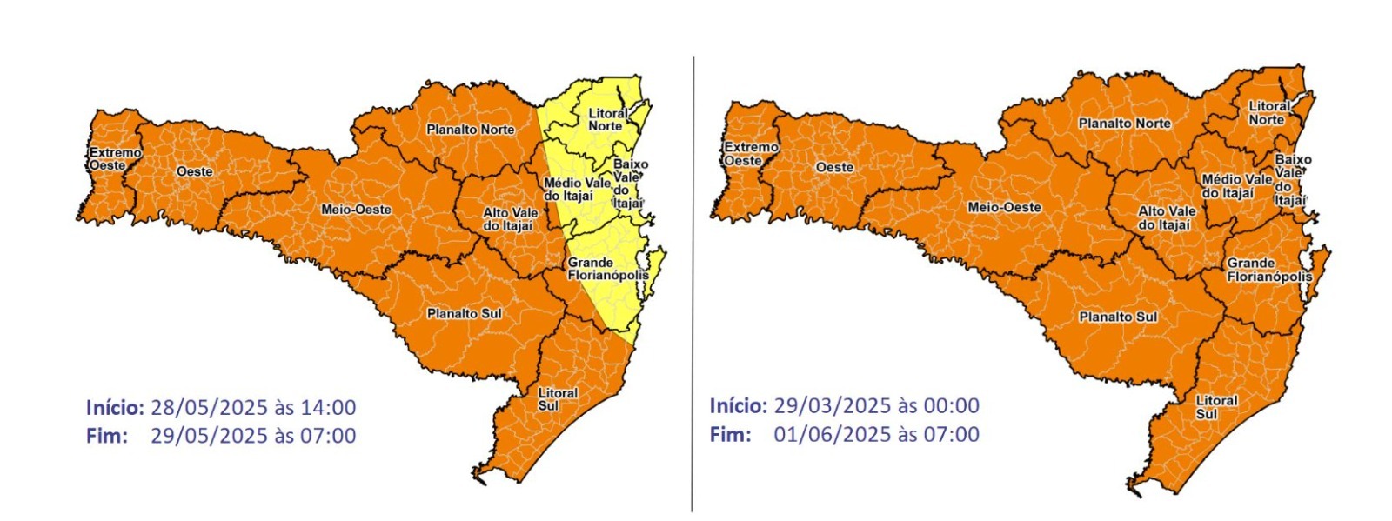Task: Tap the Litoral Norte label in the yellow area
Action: [606, 120]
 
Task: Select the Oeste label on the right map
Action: [834, 167]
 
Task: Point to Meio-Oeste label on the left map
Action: [356, 210]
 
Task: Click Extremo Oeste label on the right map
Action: [749, 154]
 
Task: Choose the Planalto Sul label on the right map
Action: [1117, 317]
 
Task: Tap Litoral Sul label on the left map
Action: [557, 399]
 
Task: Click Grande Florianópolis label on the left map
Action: [607, 269]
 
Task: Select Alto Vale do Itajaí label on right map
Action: [1166, 218]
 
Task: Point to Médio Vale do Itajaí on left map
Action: [575, 190]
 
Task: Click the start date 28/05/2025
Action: [209, 407]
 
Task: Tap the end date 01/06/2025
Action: [833, 434]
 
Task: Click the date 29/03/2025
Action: [833, 405]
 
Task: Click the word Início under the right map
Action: [738, 405]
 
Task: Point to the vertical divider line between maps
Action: [693, 287]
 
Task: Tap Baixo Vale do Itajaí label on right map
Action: [1291, 180]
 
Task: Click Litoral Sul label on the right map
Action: [1215, 407]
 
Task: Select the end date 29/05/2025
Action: [209, 436]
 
